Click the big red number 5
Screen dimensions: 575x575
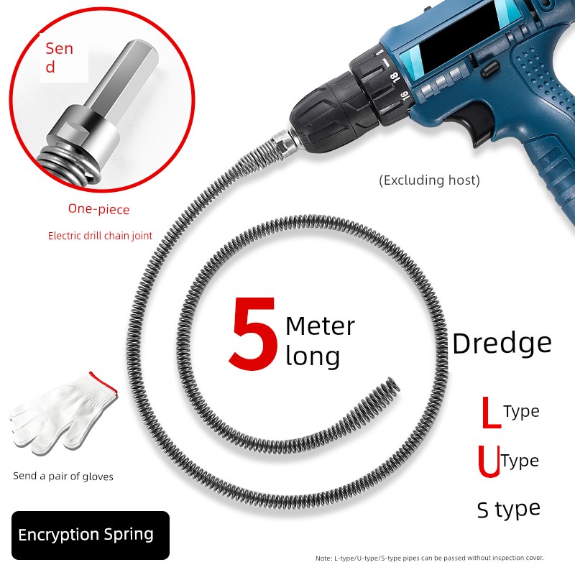253,333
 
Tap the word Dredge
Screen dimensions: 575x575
502,344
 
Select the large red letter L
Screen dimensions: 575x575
491,412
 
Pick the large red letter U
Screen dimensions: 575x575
489,461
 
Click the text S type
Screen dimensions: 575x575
509,510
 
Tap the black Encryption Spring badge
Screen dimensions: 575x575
91,535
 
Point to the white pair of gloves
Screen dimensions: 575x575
63,415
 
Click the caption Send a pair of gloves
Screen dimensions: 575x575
63,477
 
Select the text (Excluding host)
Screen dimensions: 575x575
429,180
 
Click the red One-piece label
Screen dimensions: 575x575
99,209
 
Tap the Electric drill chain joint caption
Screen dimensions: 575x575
100,236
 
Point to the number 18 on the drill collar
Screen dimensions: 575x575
394,78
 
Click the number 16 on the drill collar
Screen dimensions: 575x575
403,96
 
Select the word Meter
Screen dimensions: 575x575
321,326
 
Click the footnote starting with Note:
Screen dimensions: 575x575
429,558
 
